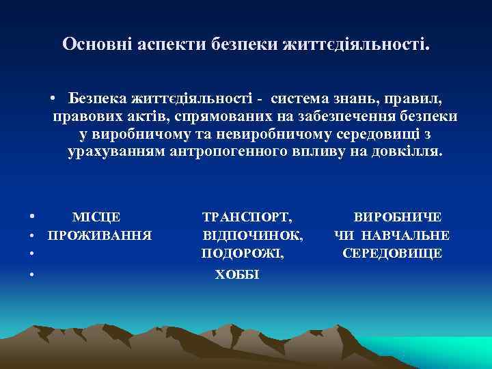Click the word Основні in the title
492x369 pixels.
(94, 45)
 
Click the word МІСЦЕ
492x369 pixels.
(96, 217)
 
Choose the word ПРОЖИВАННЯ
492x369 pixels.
(99, 236)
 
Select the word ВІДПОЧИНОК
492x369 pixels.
(253, 236)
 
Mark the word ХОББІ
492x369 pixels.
(237, 275)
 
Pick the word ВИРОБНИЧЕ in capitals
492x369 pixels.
(397, 217)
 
